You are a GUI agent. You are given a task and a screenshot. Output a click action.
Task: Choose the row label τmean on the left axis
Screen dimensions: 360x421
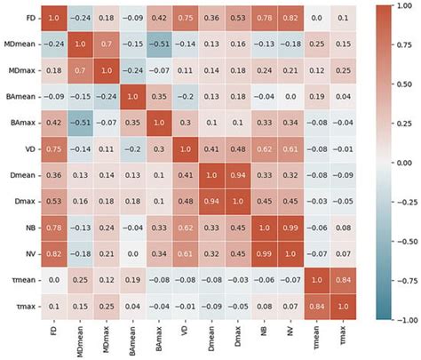(x=19, y=278)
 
